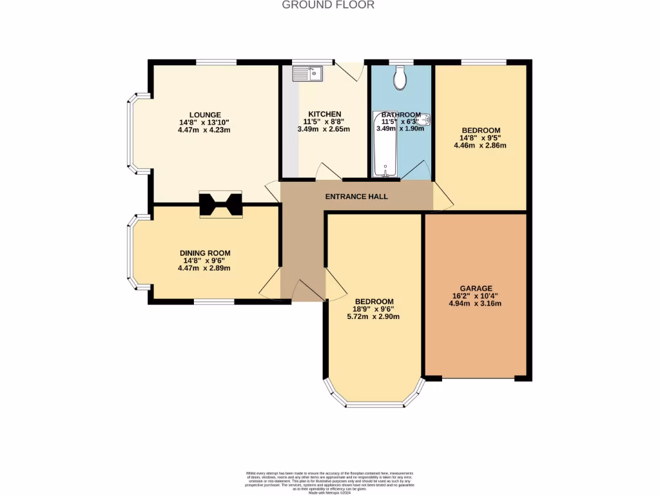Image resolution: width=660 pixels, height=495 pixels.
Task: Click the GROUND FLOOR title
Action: [328, 5]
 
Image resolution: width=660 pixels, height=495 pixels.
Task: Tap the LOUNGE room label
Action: [205, 115]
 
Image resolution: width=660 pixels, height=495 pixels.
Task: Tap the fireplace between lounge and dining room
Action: [220, 205]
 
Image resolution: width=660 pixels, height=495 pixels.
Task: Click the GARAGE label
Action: [476, 288]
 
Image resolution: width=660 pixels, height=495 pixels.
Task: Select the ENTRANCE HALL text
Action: [356, 196]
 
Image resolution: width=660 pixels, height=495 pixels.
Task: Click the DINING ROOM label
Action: [205, 253]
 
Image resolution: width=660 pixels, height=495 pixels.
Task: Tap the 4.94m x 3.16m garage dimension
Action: [476, 304]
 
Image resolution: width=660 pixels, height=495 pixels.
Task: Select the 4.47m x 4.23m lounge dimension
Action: [205, 130]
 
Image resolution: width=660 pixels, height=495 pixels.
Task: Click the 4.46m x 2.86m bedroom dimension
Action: [480, 145]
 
